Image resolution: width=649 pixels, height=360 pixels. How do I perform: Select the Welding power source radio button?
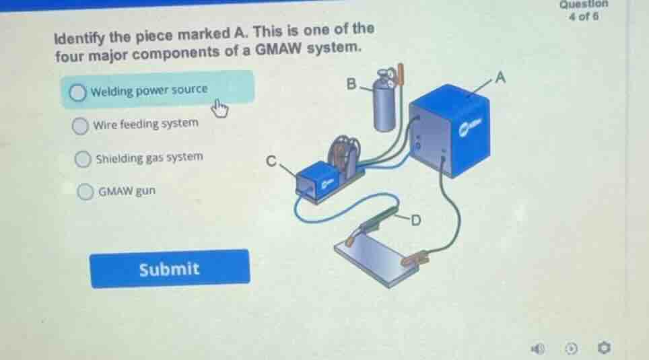pyautogui.click(x=77, y=92)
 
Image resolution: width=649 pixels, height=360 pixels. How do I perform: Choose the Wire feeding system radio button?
pyautogui.click(x=80, y=126)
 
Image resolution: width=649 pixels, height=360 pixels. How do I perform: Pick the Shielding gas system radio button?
pyautogui.click(x=83, y=159)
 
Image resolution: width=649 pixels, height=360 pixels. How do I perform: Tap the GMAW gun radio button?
pyautogui.click(x=86, y=192)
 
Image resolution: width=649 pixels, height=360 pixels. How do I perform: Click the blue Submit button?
pyautogui.click(x=170, y=268)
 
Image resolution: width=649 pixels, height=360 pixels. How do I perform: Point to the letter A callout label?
pyautogui.click(x=500, y=77)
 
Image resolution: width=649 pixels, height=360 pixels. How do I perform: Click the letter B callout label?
pyautogui.click(x=351, y=83)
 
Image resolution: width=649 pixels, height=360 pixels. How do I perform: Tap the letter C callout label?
pyautogui.click(x=271, y=161)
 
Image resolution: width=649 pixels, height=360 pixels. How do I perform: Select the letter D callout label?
pyautogui.click(x=416, y=220)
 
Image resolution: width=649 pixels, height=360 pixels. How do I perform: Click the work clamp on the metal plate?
pyautogui.click(x=415, y=260)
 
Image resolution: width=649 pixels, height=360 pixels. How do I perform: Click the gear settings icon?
pyautogui.click(x=604, y=348)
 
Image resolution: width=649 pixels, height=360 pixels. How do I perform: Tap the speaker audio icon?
pyautogui.click(x=538, y=349)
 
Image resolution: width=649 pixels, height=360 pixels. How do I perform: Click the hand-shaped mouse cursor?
pyautogui.click(x=219, y=109)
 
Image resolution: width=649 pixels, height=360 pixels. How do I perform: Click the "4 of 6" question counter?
pyautogui.click(x=584, y=17)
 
